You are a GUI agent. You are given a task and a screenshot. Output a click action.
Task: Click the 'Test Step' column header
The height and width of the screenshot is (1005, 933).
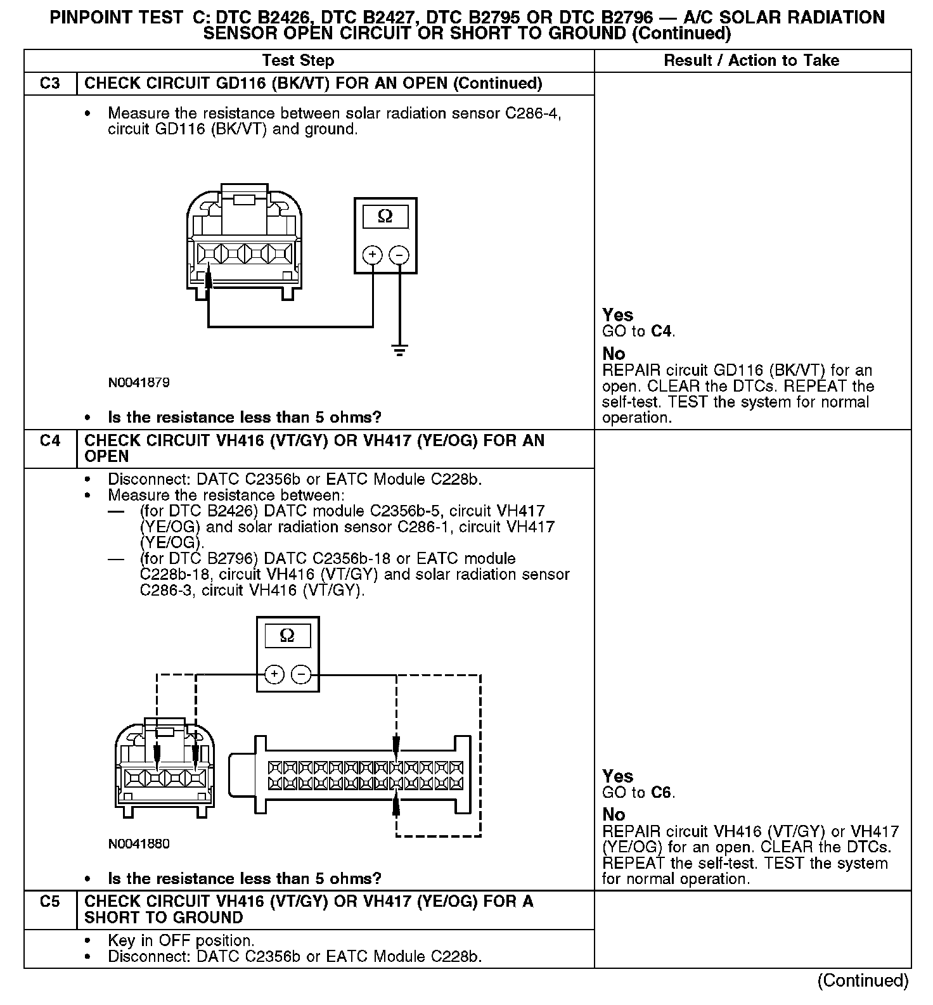pyautogui.click(x=298, y=61)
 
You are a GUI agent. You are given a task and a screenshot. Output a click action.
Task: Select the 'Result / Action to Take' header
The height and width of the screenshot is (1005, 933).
pyautogui.click(x=751, y=61)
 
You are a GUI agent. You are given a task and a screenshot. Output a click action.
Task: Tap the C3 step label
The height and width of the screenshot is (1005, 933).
pyautogui.click(x=49, y=84)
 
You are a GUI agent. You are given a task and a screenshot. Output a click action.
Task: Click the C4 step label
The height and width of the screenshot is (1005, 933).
pyautogui.click(x=49, y=441)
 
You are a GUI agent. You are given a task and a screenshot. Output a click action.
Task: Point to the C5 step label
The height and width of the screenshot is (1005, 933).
pyautogui.click(x=49, y=902)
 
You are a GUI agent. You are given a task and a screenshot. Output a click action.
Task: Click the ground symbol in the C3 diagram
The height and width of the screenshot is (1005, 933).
pyautogui.click(x=399, y=350)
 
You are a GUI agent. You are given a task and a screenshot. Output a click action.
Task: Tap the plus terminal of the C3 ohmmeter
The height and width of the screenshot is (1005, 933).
pyautogui.click(x=373, y=255)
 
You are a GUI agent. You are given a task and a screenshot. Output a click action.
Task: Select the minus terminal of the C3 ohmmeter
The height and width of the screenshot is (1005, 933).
pyautogui.click(x=399, y=255)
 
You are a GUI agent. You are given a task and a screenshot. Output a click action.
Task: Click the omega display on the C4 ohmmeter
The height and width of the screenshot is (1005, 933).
pyautogui.click(x=287, y=636)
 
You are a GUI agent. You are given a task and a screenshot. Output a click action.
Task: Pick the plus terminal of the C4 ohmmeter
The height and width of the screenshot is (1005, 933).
pyautogui.click(x=274, y=674)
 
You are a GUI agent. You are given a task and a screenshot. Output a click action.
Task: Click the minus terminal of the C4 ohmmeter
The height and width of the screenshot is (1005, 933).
pyautogui.click(x=301, y=674)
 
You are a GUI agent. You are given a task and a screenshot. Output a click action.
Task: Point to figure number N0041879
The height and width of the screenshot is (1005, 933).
pyautogui.click(x=139, y=383)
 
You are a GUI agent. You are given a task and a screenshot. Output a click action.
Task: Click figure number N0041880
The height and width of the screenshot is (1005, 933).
pyautogui.click(x=139, y=844)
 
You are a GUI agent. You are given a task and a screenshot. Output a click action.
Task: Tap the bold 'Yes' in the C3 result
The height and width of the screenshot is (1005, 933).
pyautogui.click(x=618, y=315)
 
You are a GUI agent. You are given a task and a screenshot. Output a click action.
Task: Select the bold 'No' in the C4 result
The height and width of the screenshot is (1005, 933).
pyautogui.click(x=614, y=814)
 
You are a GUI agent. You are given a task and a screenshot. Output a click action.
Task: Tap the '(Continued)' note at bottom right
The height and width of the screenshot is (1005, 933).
pyautogui.click(x=863, y=981)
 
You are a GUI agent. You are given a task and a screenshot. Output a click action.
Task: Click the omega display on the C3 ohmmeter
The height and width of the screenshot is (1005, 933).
pyautogui.click(x=385, y=217)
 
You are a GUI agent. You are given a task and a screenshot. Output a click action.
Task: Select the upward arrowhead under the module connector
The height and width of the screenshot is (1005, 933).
pyautogui.click(x=397, y=805)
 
